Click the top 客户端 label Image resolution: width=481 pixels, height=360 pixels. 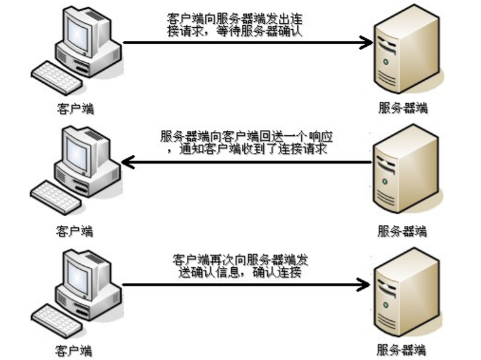click(74, 108)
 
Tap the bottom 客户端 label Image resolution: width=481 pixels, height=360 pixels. click(74, 349)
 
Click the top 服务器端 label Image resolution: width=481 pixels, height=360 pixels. click(402, 108)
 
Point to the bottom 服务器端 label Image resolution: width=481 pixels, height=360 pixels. click(402, 349)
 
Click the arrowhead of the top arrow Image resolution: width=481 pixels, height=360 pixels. click(365, 43)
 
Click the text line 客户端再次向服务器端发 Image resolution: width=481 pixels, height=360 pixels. click(240, 260)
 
